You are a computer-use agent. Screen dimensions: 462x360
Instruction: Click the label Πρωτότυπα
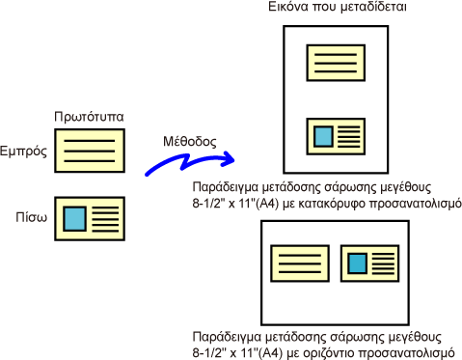[89, 117]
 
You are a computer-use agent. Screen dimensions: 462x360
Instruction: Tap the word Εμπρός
[23, 151]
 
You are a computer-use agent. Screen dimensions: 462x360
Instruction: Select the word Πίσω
[32, 217]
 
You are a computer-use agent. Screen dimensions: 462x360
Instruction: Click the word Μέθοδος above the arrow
[190, 141]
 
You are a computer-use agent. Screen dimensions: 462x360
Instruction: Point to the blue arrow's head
[229, 159]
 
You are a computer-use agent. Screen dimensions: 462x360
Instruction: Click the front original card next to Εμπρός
[90, 151]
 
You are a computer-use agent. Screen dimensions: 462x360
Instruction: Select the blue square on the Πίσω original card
[74, 219]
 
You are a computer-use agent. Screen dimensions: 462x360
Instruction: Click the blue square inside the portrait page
[323, 136]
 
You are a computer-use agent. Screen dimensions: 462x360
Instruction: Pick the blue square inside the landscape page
[358, 263]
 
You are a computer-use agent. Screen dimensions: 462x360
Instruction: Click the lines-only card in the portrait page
[336, 63]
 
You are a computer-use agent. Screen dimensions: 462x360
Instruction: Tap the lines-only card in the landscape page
[300, 263]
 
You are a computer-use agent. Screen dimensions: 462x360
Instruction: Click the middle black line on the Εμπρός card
[90, 151]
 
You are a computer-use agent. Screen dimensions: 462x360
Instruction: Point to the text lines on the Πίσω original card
[105, 219]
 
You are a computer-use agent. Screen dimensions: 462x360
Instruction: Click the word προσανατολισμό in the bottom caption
[405, 352]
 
